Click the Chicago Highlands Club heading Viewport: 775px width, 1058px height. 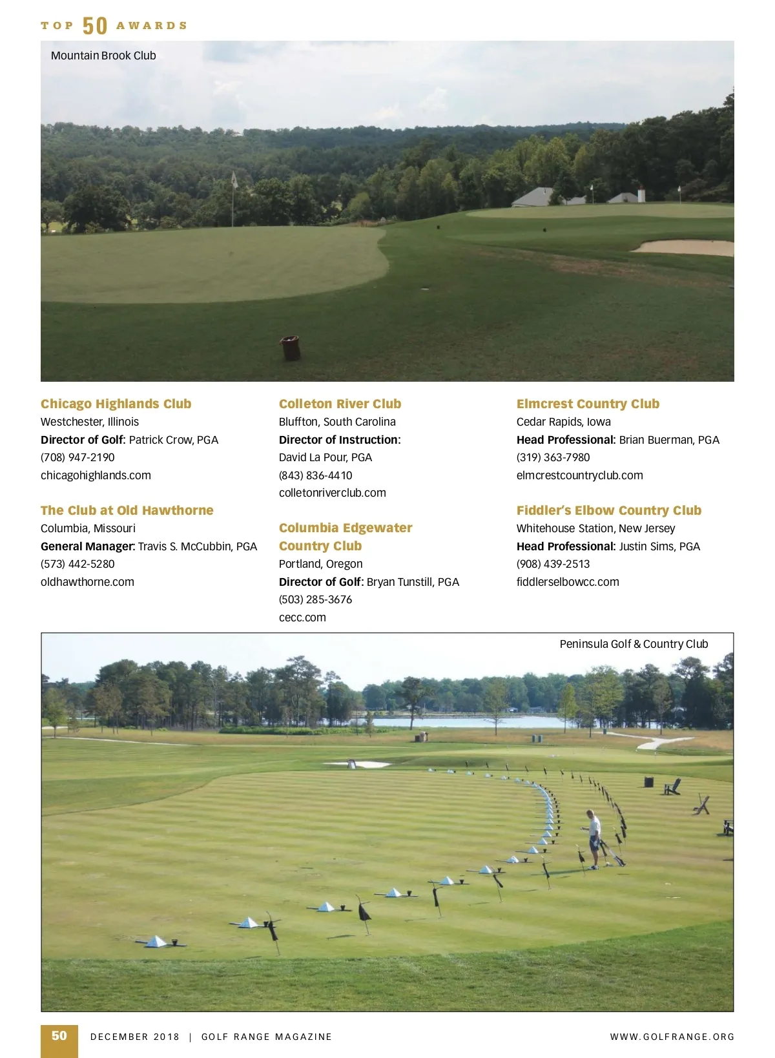[116, 404]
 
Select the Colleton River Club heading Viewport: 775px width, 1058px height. [340, 404]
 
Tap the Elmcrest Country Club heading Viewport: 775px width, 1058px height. [588, 404]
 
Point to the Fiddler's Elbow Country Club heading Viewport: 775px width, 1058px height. [608, 510]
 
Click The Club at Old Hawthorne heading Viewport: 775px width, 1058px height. [127, 510]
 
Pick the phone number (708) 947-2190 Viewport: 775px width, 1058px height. [77, 457]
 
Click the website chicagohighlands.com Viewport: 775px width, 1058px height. [96, 475]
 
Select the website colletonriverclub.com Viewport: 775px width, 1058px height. [332, 493]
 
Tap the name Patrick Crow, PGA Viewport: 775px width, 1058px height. [174, 440]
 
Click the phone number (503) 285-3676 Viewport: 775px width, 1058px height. [315, 599]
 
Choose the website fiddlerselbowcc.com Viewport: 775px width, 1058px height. [567, 582]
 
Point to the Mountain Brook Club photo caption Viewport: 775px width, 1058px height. [103, 56]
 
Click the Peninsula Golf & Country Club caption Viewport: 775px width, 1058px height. [634, 644]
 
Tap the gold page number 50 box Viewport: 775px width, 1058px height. [59, 1036]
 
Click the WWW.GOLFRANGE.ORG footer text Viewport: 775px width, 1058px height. [672, 1037]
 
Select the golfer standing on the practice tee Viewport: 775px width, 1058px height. [594, 838]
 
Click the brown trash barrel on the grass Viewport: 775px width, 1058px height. [291, 347]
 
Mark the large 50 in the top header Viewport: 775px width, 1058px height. [95, 26]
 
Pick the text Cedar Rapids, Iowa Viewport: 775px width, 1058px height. [563, 422]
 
